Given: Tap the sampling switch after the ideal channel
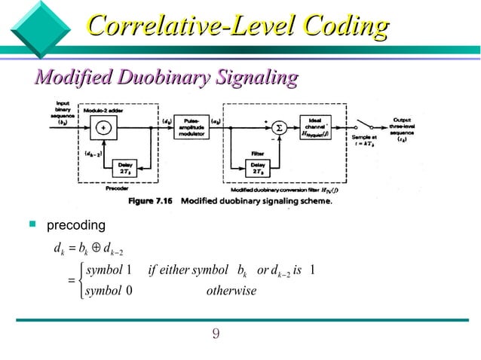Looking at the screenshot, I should click(x=369, y=122).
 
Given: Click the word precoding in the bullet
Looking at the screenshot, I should click(x=76, y=226).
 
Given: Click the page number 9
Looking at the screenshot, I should click(x=216, y=333).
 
